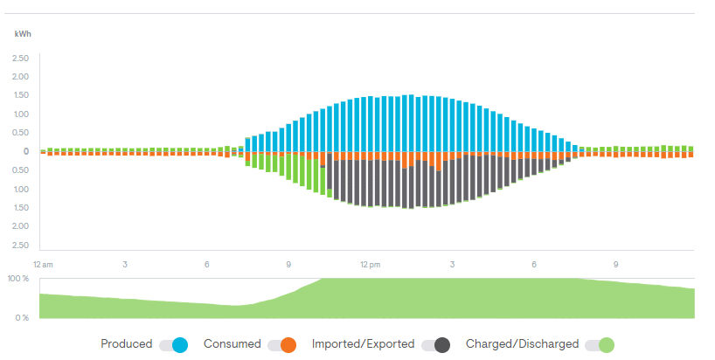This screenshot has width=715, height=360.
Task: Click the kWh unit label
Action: [x=23, y=34]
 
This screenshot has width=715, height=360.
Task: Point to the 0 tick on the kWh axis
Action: [x=26, y=151]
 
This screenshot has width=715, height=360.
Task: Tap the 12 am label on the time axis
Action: [x=43, y=264]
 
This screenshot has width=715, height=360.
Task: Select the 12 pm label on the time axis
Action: [x=370, y=264]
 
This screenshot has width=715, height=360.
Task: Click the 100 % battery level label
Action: [x=18, y=278]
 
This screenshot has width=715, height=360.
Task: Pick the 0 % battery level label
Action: [x=22, y=317]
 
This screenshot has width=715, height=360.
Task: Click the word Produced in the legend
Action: [x=126, y=344]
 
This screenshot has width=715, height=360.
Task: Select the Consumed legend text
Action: [x=232, y=344]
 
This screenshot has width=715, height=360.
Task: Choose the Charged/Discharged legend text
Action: [x=522, y=344]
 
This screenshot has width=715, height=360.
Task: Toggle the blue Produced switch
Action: [x=174, y=345]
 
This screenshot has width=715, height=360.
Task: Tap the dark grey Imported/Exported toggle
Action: [x=435, y=345]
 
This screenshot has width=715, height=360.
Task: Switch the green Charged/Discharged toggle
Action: [x=600, y=345]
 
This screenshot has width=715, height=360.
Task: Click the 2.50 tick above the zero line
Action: [x=20, y=59]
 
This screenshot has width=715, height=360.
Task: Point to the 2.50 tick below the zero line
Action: [x=20, y=246]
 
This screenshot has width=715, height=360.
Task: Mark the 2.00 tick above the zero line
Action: [x=20, y=77]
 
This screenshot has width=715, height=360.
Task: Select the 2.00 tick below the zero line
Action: [x=20, y=226]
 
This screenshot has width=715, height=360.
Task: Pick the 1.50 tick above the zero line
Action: [x=20, y=95]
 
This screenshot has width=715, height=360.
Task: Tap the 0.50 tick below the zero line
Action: [x=20, y=170]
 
